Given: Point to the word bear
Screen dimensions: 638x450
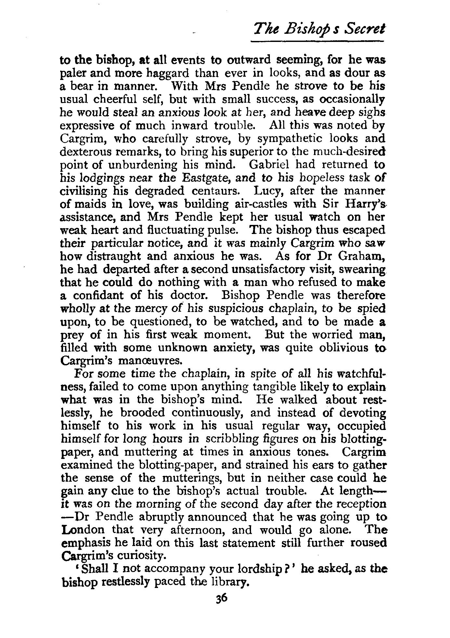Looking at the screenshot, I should click(83, 86).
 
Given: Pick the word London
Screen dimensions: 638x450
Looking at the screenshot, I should click(83, 530).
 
